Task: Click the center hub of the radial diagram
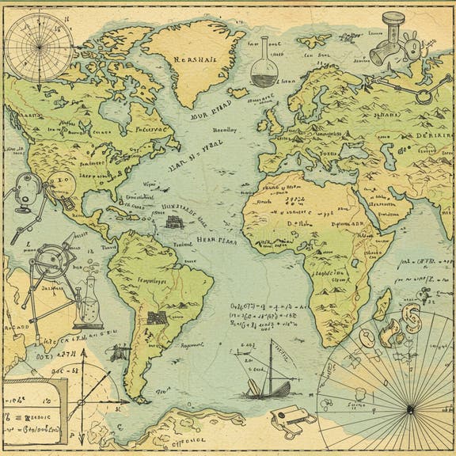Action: tap(410, 408)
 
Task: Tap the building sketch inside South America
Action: tap(155, 319)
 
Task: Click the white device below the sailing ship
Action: tap(287, 420)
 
